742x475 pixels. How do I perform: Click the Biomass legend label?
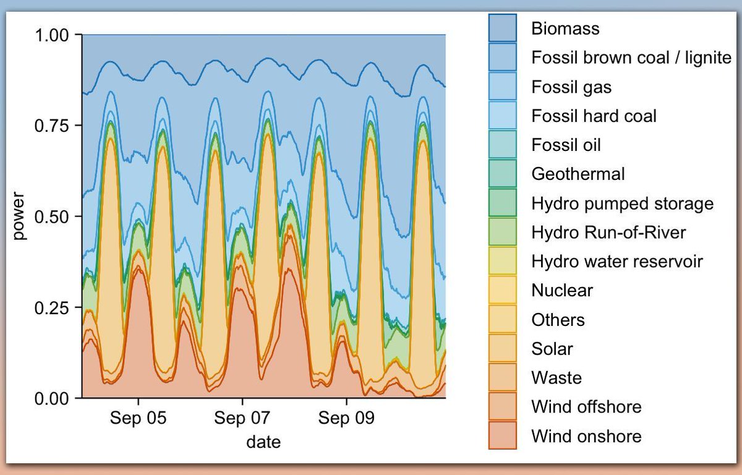click(x=565, y=28)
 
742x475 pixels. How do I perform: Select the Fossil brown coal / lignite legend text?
click(x=631, y=58)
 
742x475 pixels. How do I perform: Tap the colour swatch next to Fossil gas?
click(x=503, y=87)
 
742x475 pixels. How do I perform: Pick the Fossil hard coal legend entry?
click(x=594, y=116)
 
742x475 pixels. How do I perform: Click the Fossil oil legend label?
click(x=566, y=145)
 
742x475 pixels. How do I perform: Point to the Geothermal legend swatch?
click(x=503, y=174)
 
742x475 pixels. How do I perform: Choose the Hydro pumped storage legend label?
click(x=622, y=203)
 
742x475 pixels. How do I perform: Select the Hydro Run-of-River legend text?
click(x=608, y=233)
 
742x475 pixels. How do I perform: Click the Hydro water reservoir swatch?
click(x=503, y=262)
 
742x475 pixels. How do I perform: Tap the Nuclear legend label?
click(x=562, y=291)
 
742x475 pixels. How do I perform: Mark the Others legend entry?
click(x=558, y=320)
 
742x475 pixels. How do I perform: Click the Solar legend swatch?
click(x=503, y=349)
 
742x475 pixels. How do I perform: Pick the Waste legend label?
click(x=556, y=378)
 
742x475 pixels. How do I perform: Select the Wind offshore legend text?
click(x=586, y=407)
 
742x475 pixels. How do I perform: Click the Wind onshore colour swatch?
click(x=503, y=436)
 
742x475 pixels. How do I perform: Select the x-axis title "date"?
click(x=263, y=442)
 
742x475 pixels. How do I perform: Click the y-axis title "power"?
click(x=20, y=216)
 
